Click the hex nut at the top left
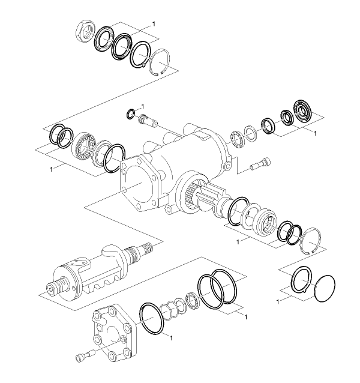click(x=84, y=31)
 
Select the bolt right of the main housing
click(x=261, y=163)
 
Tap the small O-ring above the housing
click(x=131, y=114)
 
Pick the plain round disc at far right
click(x=325, y=289)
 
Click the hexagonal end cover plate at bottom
click(x=114, y=333)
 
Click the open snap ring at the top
click(x=160, y=62)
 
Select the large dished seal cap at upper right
click(x=302, y=111)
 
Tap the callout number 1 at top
click(x=154, y=23)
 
